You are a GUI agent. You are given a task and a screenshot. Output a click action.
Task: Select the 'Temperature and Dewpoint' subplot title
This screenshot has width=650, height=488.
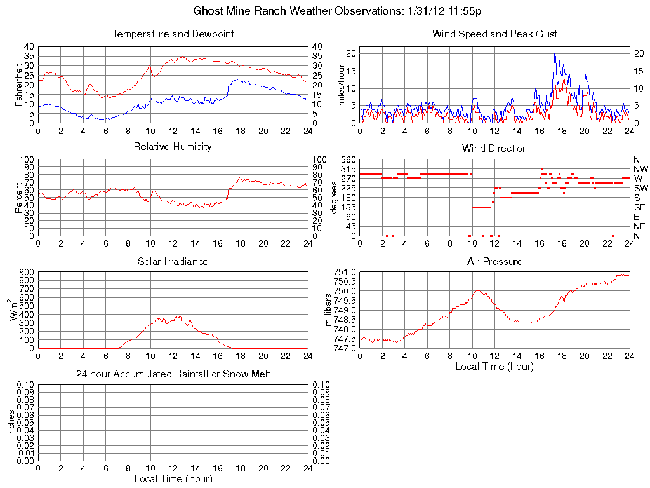(173, 34)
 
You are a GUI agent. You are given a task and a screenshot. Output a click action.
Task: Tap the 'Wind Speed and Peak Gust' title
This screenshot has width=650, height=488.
(494, 34)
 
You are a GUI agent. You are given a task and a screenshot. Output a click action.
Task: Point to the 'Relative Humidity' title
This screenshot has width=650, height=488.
(173, 147)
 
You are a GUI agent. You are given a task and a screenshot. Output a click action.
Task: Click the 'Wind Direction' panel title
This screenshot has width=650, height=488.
(494, 148)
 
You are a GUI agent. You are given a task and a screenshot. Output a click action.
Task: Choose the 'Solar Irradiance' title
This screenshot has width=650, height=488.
(173, 261)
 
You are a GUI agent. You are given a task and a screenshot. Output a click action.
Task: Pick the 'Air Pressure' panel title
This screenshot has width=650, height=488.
(494, 261)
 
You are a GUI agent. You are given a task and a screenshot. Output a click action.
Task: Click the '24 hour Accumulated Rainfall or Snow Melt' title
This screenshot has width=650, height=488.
(173, 374)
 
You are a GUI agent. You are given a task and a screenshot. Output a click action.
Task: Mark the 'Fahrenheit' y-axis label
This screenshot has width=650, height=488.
(20, 85)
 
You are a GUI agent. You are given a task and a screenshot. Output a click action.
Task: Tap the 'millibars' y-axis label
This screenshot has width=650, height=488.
(329, 309)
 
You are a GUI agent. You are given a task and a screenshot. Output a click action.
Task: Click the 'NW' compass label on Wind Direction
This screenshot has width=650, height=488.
(640, 169)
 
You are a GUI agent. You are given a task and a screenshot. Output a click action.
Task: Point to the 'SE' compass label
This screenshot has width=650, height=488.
(640, 207)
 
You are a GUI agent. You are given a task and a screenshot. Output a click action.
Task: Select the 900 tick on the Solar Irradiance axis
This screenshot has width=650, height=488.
(27, 272)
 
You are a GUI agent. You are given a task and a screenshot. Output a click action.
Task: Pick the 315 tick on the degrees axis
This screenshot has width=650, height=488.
(348, 169)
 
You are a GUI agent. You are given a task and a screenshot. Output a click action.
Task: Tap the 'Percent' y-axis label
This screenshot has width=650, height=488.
(20, 198)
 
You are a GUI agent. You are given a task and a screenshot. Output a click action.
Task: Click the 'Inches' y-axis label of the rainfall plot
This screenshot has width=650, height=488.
(11, 423)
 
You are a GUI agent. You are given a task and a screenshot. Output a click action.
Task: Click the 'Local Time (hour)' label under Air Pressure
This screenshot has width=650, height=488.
(494, 366)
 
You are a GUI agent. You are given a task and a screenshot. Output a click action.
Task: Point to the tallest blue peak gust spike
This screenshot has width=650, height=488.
(554, 55)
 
